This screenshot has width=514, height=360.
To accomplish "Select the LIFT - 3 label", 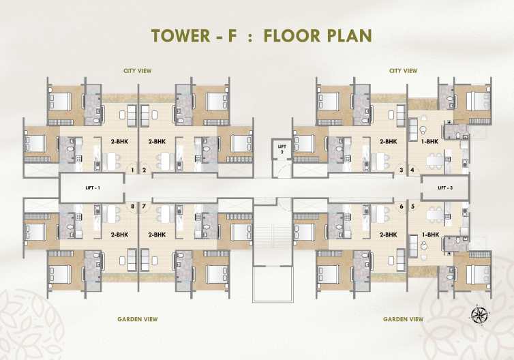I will pyautogui.click(x=445, y=187).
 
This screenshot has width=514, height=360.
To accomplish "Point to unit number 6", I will pyautogui.click(x=402, y=206).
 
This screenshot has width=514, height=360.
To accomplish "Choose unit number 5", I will pyautogui.click(x=412, y=206).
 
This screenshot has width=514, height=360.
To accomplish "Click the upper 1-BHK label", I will pyautogui.click(x=430, y=142).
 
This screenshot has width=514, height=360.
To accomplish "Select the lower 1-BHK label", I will pyautogui.click(x=430, y=235).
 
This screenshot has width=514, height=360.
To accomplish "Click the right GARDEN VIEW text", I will pyautogui.click(x=403, y=319).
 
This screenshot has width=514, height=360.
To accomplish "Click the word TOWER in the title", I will pyautogui.click(x=179, y=36).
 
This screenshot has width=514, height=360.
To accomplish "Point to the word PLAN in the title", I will pyautogui.click(x=348, y=36).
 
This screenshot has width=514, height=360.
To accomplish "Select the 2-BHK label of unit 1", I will pyautogui.click(x=120, y=142).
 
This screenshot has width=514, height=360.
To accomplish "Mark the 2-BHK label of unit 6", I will pyautogui.click(x=389, y=235).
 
